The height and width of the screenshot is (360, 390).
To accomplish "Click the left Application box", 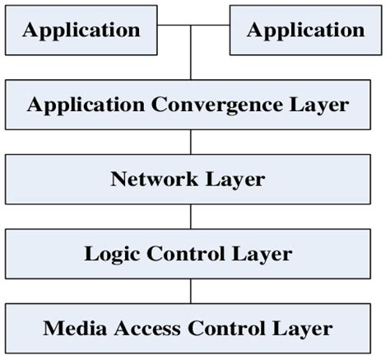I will click(80, 30).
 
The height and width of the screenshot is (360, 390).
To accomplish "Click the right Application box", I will click(305, 30).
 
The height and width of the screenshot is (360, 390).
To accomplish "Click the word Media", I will click(71, 328).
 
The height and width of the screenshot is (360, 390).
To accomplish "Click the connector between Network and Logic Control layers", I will click(191, 217).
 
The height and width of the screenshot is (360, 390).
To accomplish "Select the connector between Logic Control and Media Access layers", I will click(191, 291).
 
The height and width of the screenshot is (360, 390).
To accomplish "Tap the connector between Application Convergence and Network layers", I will click(191, 142).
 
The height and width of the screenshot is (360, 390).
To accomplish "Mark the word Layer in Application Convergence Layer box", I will click(312, 105).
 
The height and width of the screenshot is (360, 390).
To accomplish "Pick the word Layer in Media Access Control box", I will click(296, 328).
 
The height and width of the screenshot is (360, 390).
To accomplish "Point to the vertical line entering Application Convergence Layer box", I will click(191, 62).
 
